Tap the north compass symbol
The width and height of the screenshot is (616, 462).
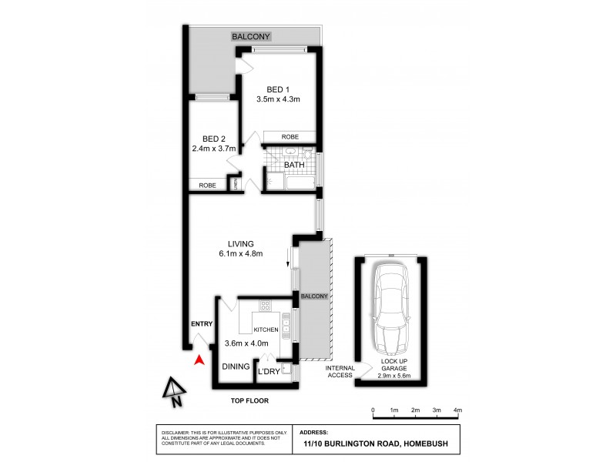click(x=174, y=391)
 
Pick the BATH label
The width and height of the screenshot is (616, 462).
click(x=294, y=165)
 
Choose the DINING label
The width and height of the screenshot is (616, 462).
click(x=236, y=367)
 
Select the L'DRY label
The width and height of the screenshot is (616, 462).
click(x=269, y=372)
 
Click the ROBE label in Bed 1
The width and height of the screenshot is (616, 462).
click(x=290, y=136)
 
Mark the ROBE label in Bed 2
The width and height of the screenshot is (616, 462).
click(x=207, y=186)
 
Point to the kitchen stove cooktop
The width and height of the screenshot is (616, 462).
click(x=266, y=305)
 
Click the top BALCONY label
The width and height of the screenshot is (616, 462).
click(x=255, y=36)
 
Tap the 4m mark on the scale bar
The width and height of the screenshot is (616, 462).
click(x=457, y=409)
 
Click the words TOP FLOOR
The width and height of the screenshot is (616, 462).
click(x=251, y=401)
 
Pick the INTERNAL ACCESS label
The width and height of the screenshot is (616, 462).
click(x=339, y=371)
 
